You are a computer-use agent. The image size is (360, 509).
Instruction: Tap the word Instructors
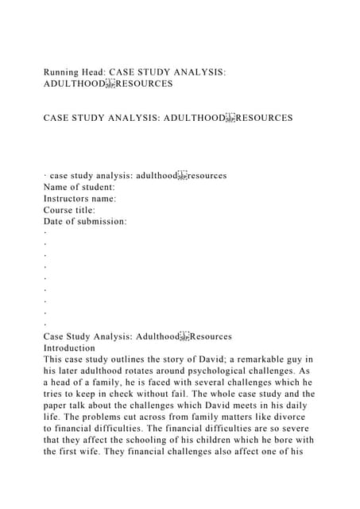click(x=69, y=198)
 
